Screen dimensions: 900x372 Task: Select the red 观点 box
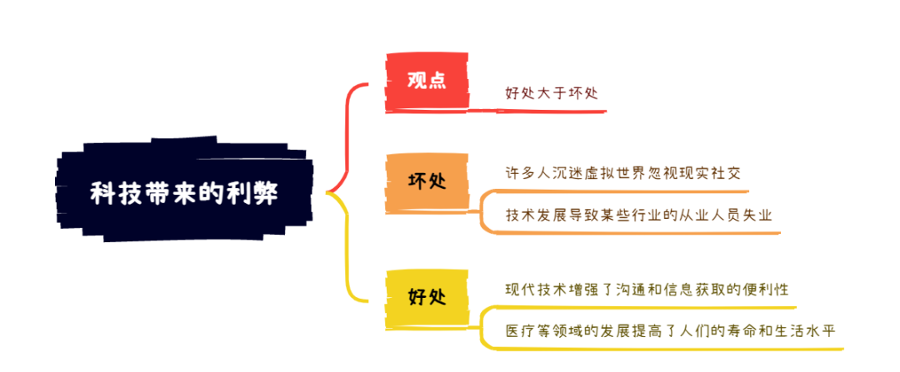pos(427,82)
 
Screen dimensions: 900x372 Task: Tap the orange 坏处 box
pos(427,182)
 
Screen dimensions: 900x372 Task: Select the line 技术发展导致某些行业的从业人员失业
pos(639,216)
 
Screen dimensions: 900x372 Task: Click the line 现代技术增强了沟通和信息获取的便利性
pos(647,289)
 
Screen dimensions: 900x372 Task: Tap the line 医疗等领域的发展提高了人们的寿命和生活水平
pos(670,331)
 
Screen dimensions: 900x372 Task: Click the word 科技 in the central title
pos(111,194)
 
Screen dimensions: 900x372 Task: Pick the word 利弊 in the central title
pos(257,194)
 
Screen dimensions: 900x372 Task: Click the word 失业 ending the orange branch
pos(757,216)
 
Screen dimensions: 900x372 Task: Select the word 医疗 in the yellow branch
pos(520,331)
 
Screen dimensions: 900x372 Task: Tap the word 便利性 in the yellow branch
pos(765,289)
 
